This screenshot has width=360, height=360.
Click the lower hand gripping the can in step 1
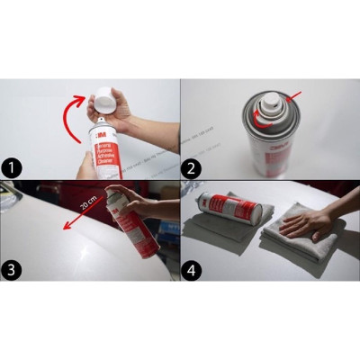(x=86, y=165)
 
